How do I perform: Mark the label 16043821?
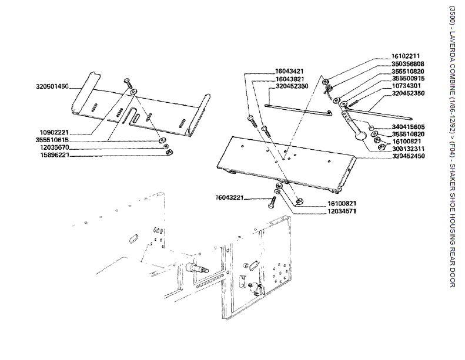pos(289,79)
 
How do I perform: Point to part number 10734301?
pos(408,86)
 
